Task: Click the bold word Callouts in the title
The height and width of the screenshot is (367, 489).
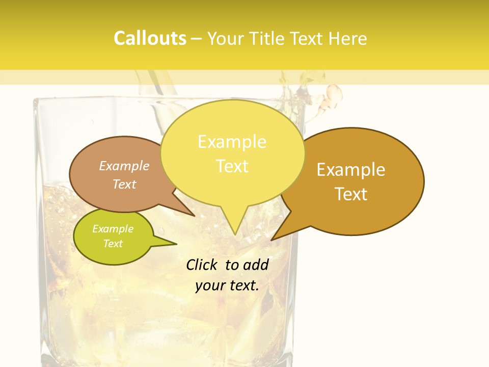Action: point(150,38)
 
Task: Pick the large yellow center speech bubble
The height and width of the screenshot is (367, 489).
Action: point(232,153)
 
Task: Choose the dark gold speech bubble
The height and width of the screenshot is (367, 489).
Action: point(357,181)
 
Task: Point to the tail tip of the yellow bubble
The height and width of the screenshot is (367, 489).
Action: point(234,234)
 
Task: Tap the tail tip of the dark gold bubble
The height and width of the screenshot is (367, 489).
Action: point(272,240)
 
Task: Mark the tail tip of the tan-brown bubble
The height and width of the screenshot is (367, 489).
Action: point(194,216)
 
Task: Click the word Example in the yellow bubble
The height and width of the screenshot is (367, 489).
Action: point(232,142)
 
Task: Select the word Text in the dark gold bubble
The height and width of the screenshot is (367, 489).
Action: point(351,194)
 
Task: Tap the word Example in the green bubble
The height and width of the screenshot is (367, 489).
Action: point(113,229)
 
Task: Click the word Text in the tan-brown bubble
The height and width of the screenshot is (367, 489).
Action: point(124,184)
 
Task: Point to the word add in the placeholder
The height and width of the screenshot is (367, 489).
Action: point(256,265)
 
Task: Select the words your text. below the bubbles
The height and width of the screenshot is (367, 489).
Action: point(227,285)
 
